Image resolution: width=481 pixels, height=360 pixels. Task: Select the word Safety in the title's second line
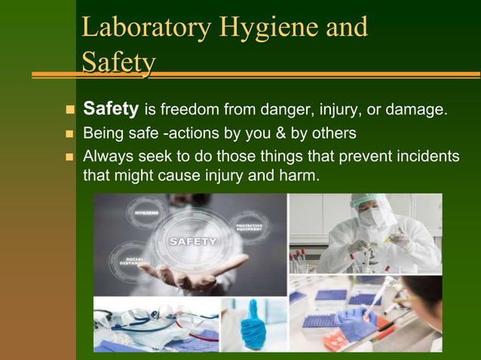(118, 63)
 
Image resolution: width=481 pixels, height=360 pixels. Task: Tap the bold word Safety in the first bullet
(110, 110)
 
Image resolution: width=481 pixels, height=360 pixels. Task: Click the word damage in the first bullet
(415, 111)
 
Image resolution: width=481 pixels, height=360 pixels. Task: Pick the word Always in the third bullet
(107, 157)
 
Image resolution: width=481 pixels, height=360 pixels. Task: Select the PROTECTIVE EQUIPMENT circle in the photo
(249, 227)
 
